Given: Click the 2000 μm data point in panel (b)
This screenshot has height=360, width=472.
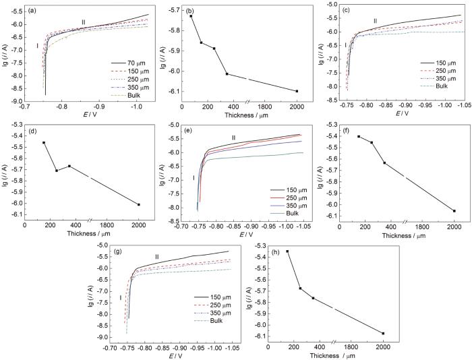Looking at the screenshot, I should point(297,91).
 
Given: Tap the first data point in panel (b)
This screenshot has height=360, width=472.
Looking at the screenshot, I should point(191,16).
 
